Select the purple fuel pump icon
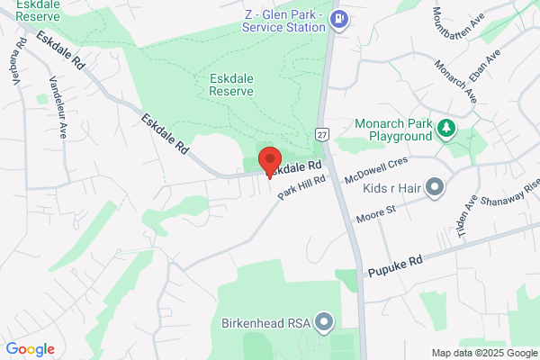[339, 18]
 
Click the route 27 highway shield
[320, 133]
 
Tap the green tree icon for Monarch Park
[445, 129]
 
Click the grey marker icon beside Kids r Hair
[436, 187]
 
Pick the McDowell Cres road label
[378, 168]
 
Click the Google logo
[30, 349]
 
